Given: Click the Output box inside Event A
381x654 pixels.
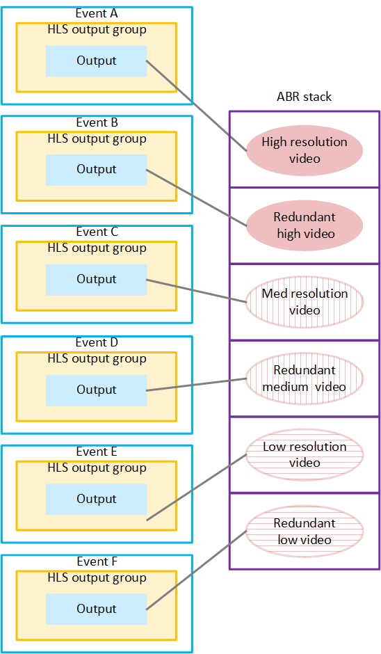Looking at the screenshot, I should pos(96,61).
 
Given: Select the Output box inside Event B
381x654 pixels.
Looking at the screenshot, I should pos(96,170).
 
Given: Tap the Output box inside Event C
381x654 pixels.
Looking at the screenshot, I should pos(96,280).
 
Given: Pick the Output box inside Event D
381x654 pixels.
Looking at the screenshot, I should pos(96,390).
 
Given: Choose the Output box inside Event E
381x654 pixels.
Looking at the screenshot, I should pos(96,500).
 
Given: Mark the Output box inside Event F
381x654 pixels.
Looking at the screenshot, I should pos(96,609).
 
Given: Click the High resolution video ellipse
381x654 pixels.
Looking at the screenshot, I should pos(305,150).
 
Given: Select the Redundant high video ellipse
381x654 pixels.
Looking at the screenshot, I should pos(305,225).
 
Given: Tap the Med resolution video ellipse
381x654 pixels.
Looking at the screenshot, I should pos(305,302).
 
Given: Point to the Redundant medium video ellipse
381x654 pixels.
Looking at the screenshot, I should pos(305,378).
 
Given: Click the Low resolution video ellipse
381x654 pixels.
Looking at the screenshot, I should pos(305,455).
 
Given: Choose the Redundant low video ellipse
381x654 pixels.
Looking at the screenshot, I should pos(305,532).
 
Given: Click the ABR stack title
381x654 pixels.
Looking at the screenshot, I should pos(304,97).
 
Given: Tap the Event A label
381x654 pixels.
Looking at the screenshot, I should pos(96,13).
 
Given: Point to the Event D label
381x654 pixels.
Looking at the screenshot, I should pos(96,343).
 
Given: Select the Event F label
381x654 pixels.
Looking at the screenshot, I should pos(96,562).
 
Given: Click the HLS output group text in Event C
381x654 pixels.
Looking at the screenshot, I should pos(97,248).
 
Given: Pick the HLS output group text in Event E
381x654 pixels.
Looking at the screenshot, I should pos(97,468).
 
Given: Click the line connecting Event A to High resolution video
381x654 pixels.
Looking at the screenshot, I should pos(197,105).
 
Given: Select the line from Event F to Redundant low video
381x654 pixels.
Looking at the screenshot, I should pos(197,570).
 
